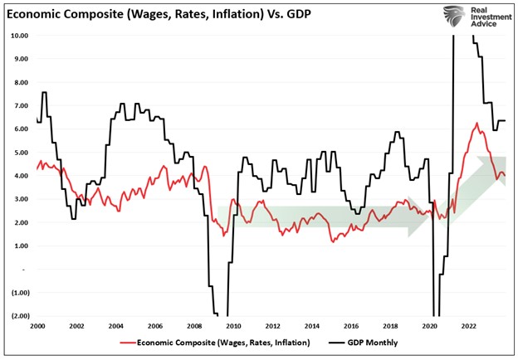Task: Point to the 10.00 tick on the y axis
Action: click(x=19, y=36)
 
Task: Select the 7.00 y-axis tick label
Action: click(x=21, y=106)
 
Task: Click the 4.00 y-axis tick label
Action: click(x=21, y=176)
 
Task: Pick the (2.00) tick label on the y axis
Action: click(x=19, y=316)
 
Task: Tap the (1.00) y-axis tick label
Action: click(x=19, y=293)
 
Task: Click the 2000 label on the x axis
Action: click(x=38, y=328)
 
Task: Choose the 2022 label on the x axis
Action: click(x=468, y=328)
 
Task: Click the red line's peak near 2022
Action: click(x=476, y=124)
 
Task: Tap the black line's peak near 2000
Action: click(x=44, y=92)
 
